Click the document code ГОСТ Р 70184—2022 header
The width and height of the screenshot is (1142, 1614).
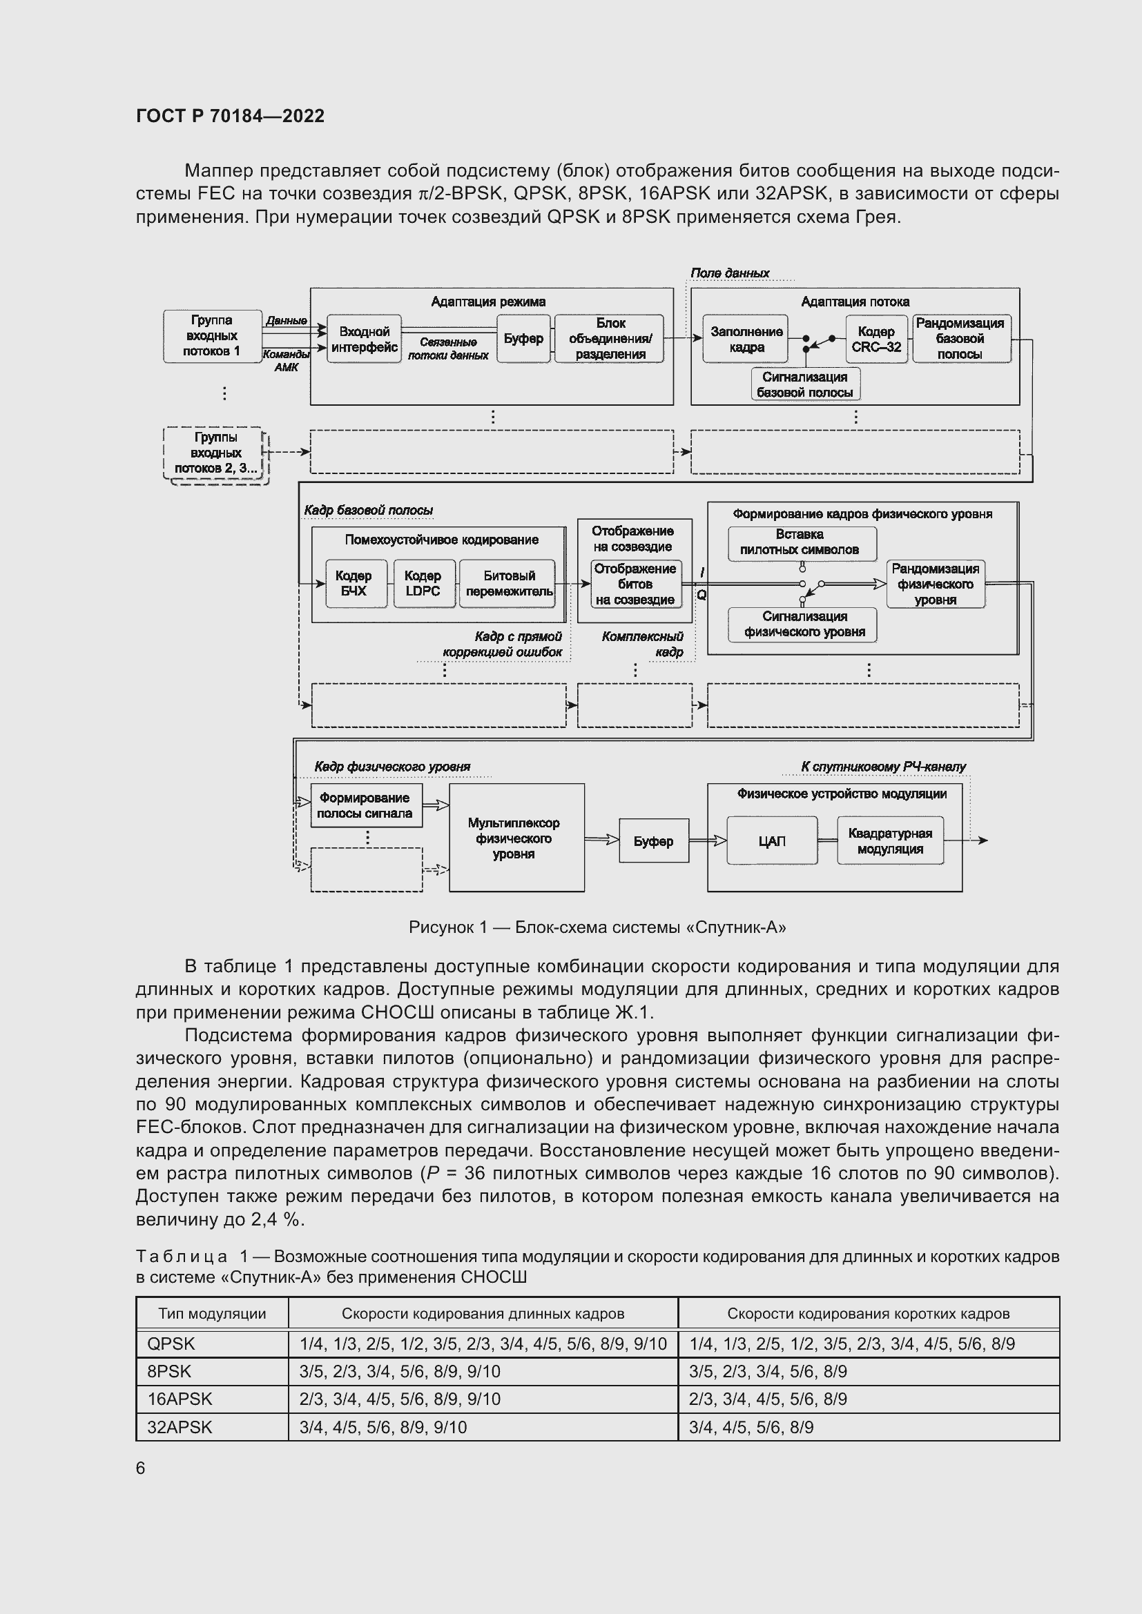pyautogui.click(x=230, y=116)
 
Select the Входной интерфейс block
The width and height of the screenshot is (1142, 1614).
pyautogui.click(x=365, y=339)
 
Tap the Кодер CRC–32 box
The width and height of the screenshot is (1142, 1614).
pyautogui.click(x=875, y=339)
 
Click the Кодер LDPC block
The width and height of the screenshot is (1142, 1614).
pyautogui.click(x=423, y=584)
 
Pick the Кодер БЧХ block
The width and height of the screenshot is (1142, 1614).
pyautogui.click(x=353, y=584)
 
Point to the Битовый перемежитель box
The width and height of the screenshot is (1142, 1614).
pyautogui.click(x=509, y=584)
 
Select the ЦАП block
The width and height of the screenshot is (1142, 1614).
pyautogui.click(x=771, y=840)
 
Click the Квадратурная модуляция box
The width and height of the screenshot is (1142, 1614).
pyautogui.click(x=889, y=840)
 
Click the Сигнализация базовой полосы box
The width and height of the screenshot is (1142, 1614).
pyautogui.click(x=804, y=384)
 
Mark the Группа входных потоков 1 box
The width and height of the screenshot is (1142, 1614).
pyautogui.click(x=212, y=336)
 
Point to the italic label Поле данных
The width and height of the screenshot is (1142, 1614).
pyautogui.click(x=729, y=273)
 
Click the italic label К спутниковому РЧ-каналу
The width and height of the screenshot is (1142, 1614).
pyautogui.click(x=883, y=766)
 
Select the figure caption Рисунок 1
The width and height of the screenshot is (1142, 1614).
pyautogui.click(x=597, y=927)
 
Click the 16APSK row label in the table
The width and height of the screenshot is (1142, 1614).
pyautogui.click(x=180, y=1399)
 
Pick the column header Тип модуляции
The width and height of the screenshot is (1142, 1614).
pyautogui.click(x=212, y=1313)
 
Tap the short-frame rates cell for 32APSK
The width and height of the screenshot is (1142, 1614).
pyautogui.click(x=751, y=1427)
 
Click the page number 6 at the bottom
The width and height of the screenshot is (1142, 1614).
pyautogui.click(x=141, y=1468)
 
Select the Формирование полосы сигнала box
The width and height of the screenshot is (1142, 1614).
pyautogui.click(x=365, y=805)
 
